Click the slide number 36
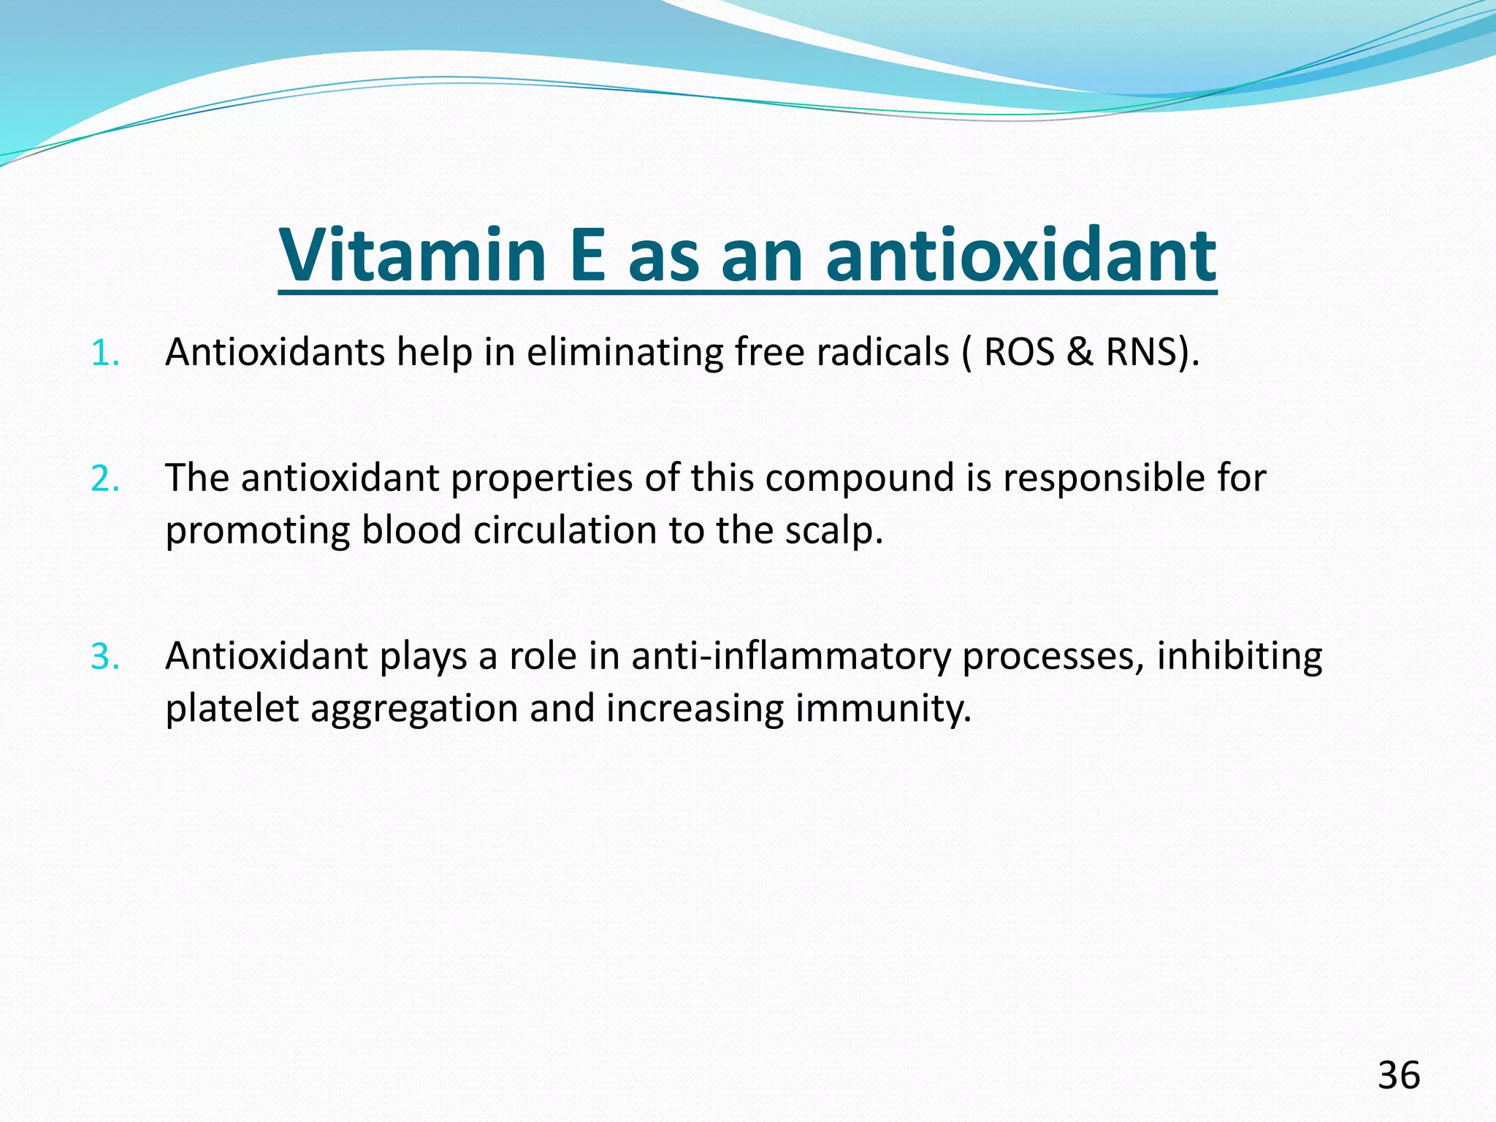1399,1075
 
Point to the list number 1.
104,354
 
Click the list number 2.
104,479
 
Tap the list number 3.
104,657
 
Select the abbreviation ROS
1019,352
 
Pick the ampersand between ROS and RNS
1080,352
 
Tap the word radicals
882,352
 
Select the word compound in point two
860,479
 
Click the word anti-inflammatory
791,657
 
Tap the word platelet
232,709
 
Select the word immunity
883,709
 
